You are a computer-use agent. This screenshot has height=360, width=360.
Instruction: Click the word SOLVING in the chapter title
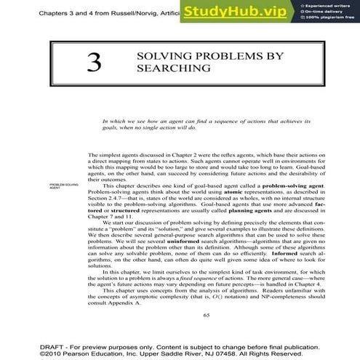[x=157, y=56]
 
